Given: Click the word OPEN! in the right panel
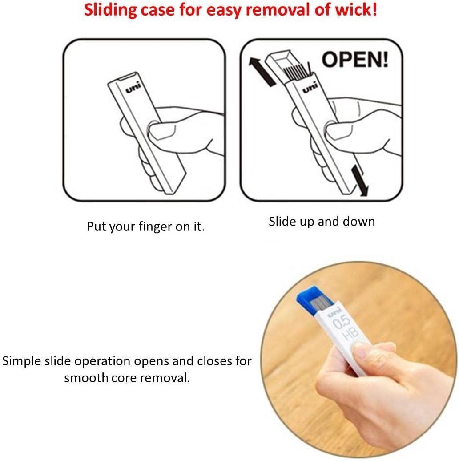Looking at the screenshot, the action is click(x=355, y=60).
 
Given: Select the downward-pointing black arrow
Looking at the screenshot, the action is click(x=360, y=180).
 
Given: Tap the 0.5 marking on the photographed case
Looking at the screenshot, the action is click(x=341, y=322).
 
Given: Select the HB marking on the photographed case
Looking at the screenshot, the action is click(x=350, y=333).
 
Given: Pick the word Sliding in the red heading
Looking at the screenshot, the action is click(x=110, y=10).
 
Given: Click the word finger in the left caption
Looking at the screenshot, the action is click(x=156, y=227).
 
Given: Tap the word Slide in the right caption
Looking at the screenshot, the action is click(x=282, y=222).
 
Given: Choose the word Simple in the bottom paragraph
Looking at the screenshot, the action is click(x=22, y=361).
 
